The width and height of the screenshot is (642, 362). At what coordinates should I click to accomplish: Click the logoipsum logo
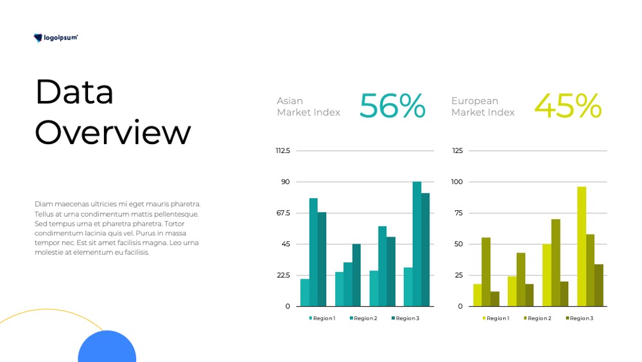[55, 38]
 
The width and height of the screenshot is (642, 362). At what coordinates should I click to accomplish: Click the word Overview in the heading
[113, 132]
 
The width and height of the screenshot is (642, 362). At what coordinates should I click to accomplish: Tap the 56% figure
[392, 106]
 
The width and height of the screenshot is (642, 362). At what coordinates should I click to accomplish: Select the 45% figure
[568, 106]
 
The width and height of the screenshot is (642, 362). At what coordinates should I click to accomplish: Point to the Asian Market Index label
[308, 107]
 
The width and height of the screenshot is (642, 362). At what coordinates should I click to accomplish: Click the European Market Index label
[483, 107]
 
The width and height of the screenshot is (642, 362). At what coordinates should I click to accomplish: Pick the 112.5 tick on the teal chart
[283, 151]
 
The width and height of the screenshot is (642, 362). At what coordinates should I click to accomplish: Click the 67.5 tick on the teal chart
[283, 213]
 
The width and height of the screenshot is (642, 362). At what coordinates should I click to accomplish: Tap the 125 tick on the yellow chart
[457, 151]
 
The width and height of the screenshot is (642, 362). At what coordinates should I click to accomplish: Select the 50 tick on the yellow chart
[458, 244]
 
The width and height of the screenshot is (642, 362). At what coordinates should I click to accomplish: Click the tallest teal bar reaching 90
[417, 244]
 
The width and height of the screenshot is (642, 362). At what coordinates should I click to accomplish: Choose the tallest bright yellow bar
[582, 246]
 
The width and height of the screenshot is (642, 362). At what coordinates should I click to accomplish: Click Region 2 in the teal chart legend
[363, 318]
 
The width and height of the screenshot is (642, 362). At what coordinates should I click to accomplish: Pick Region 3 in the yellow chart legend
[579, 318]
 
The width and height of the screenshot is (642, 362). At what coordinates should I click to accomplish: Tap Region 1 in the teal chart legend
[322, 318]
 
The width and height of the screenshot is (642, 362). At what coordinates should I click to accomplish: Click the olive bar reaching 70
[555, 263]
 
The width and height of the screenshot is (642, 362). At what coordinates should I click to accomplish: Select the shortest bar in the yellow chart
[495, 299]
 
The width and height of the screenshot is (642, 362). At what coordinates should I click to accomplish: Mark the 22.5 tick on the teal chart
[283, 275]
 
